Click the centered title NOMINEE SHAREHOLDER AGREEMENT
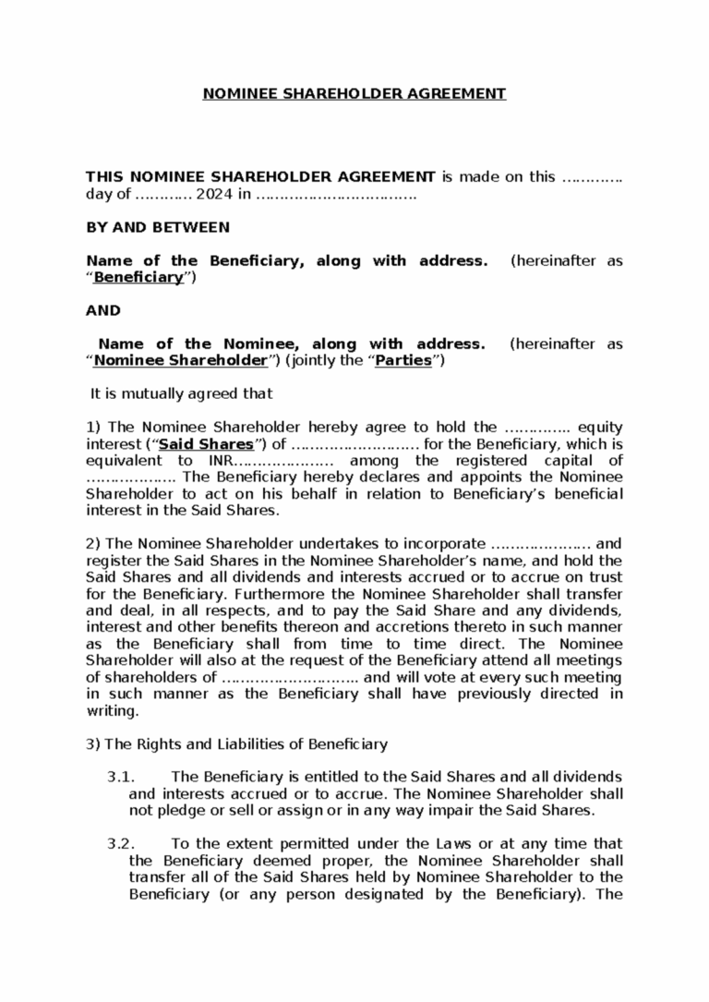click(354, 93)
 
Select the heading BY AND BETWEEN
click(157, 227)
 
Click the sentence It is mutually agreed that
click(181, 394)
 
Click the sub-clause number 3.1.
click(123, 777)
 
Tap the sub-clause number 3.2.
click(123, 843)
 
